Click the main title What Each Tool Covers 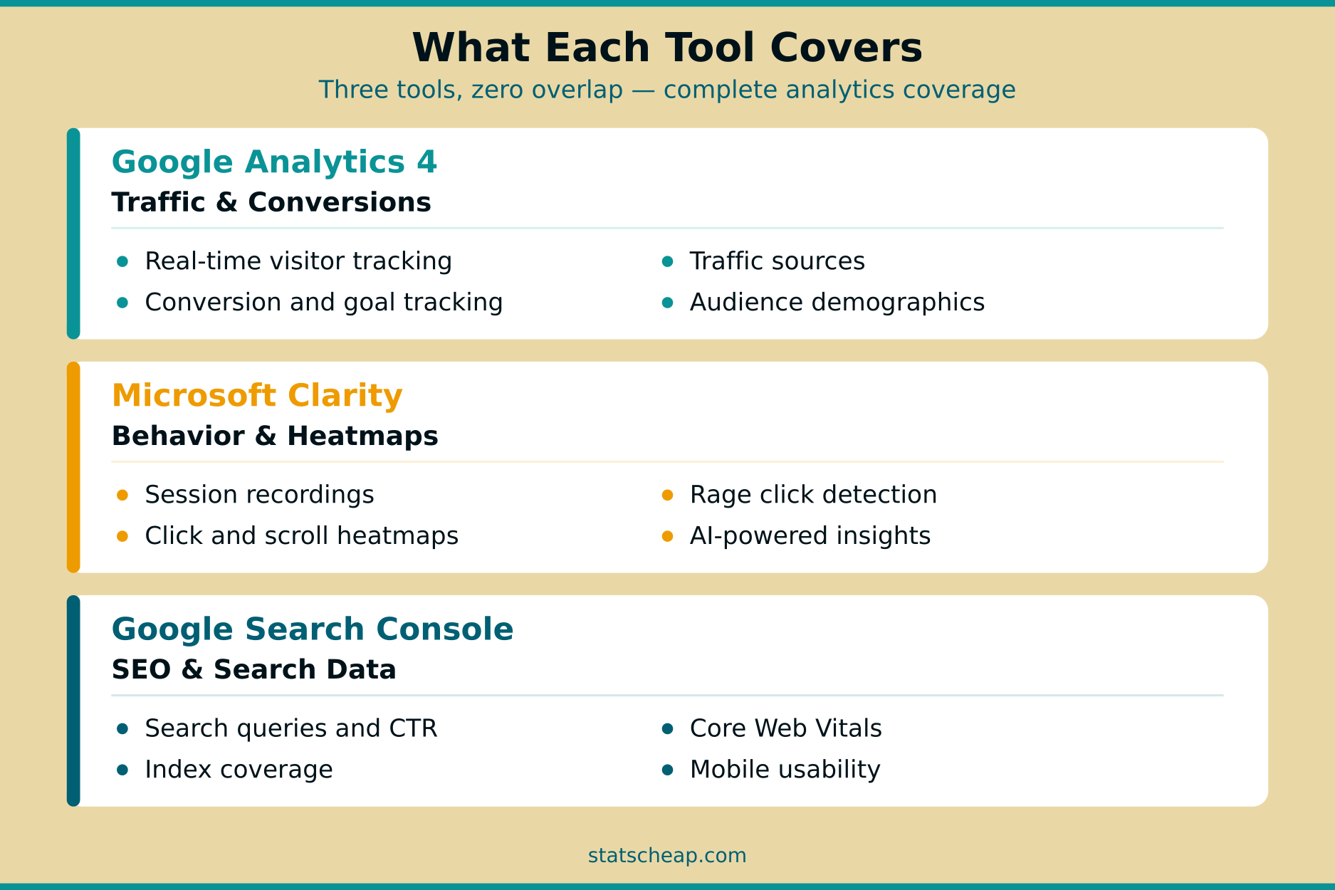667,48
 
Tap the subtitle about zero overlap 667,90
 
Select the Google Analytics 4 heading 274,162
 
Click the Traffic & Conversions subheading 271,203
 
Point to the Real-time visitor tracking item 298,261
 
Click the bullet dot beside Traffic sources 667,262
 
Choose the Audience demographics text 837,303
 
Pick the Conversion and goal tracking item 324,303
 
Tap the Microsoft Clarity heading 257,396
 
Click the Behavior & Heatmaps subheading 275,436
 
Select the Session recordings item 259,495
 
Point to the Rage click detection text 813,495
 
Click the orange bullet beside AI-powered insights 667,537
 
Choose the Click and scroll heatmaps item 301,536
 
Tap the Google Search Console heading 313,629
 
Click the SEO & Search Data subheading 253,670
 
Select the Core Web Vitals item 785,728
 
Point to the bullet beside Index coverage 122,770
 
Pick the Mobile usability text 785,770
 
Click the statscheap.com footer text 667,856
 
